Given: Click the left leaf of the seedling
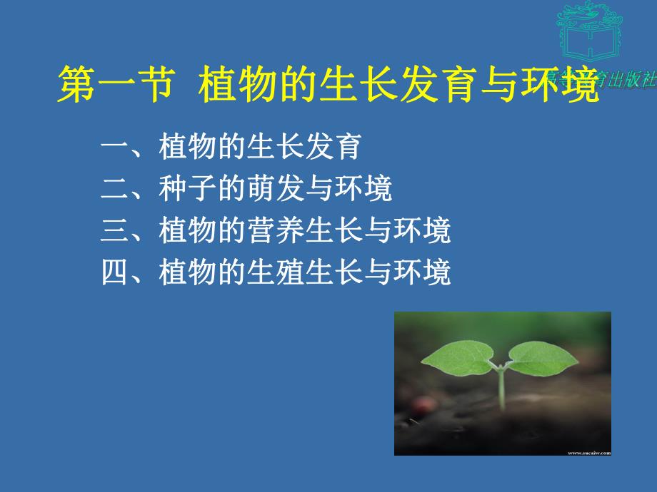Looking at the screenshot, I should [457, 357].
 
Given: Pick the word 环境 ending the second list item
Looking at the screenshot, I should [363, 190].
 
